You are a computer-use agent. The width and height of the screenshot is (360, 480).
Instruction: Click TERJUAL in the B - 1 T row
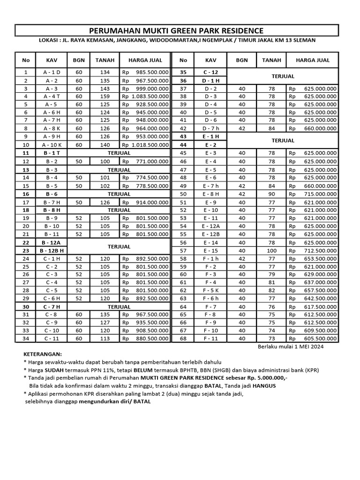119,153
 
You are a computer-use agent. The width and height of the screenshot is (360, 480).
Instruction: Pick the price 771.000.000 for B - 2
151,161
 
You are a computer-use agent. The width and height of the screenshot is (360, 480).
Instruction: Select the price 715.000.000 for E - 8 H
320,194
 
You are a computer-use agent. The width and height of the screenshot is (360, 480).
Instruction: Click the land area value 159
104,96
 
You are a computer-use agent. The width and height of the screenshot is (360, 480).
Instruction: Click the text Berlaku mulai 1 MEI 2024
291,347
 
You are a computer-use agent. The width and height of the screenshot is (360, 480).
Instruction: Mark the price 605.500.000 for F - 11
320,338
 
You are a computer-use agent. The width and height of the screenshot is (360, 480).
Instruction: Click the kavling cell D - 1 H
210,80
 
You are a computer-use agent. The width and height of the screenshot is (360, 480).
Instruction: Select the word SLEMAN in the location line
304,40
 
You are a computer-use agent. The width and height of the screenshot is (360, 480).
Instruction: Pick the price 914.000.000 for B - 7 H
151,202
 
